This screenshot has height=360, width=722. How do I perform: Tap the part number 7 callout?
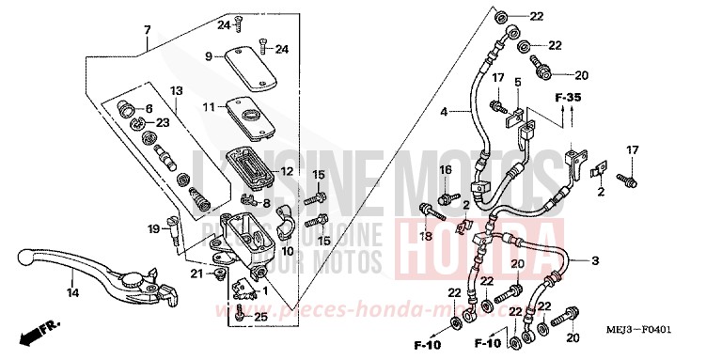pos(147,30)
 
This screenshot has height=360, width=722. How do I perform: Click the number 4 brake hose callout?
pos(445,112)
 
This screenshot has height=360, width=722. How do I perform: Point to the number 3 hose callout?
pos(594,233)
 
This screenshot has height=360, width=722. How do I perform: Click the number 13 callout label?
pos(175,90)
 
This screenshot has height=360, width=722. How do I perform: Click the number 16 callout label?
pos(446,169)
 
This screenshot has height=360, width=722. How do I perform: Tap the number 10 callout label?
pos(288,252)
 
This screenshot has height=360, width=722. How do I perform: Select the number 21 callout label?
pos(196,274)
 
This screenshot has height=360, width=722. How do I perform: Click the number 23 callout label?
pos(162,122)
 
